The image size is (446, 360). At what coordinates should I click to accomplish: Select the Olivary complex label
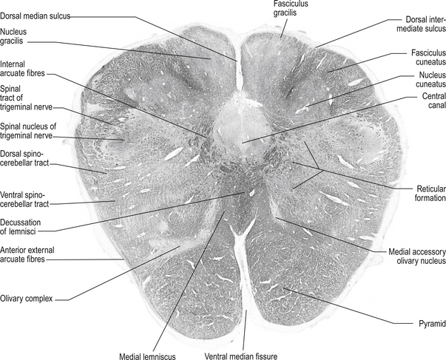pos(30,299)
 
